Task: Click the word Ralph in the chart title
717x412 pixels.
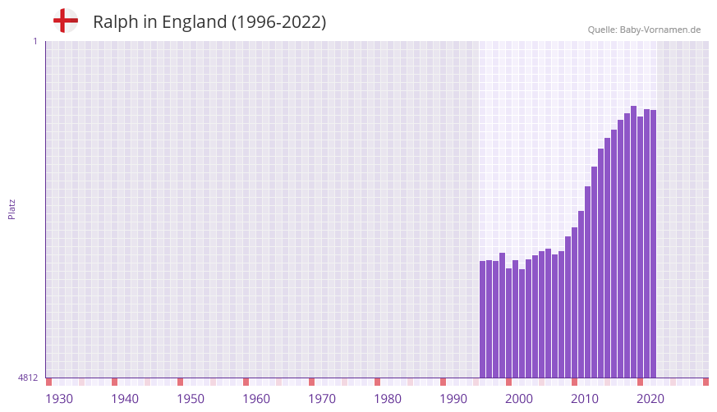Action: click(x=114, y=22)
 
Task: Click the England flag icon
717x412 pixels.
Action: click(x=65, y=21)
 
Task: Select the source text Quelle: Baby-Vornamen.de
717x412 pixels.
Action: click(x=644, y=30)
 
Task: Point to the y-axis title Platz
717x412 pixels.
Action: click(x=11, y=208)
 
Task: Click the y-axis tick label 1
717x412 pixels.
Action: click(x=34, y=41)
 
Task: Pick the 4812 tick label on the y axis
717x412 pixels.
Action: click(x=28, y=378)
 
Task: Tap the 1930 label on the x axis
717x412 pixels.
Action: click(x=59, y=399)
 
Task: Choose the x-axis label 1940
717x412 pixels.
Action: click(x=125, y=399)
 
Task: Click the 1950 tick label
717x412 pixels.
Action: click(x=191, y=399)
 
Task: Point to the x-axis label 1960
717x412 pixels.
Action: click(x=256, y=399)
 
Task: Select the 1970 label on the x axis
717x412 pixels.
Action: click(x=322, y=399)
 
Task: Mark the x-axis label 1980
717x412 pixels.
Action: click(x=388, y=399)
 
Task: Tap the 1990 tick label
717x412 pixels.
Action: click(x=453, y=399)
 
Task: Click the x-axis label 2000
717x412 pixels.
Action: click(x=519, y=399)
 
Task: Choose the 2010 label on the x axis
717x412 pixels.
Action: click(x=585, y=399)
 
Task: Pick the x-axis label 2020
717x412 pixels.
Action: click(x=650, y=399)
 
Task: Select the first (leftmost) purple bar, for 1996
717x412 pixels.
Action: click(x=483, y=319)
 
